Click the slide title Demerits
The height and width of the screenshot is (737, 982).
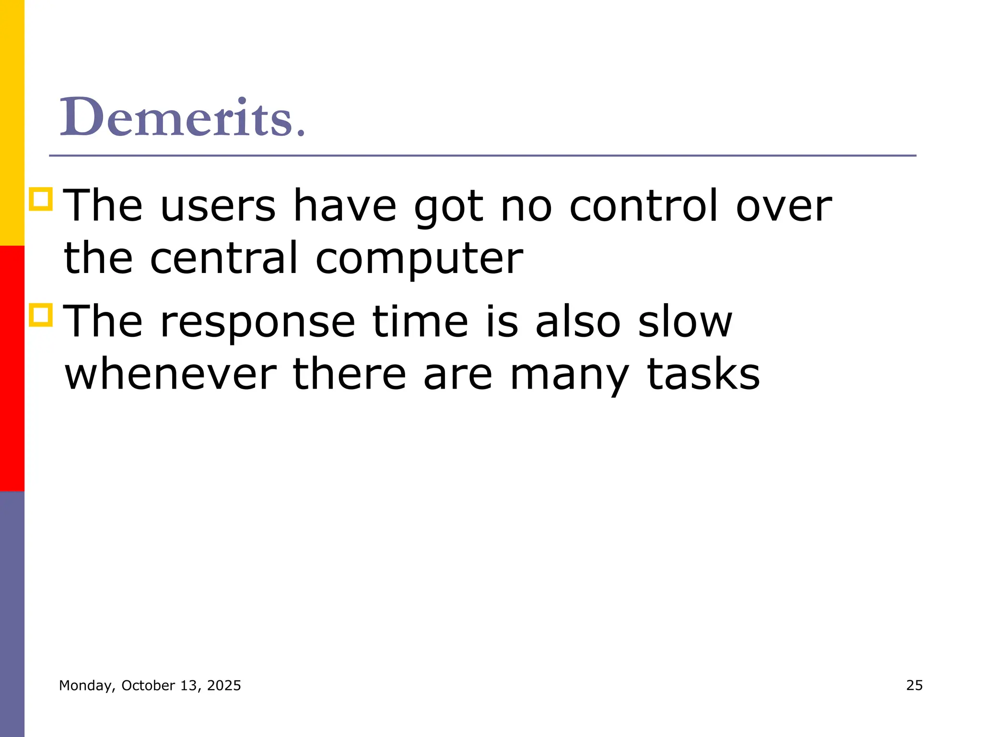pos(182,117)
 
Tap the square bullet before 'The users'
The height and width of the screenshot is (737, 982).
pos(41,199)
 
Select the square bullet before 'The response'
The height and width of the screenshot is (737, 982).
pos(41,315)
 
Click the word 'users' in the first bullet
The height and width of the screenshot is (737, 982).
pos(218,206)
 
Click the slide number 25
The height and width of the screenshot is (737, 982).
pos(914,685)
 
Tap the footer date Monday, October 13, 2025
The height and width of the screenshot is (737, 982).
pos(150,686)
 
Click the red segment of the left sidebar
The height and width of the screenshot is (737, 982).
pos(12,368)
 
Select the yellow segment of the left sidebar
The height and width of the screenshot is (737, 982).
pos(12,122)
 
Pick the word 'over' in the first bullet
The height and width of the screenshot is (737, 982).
pos(784,206)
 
